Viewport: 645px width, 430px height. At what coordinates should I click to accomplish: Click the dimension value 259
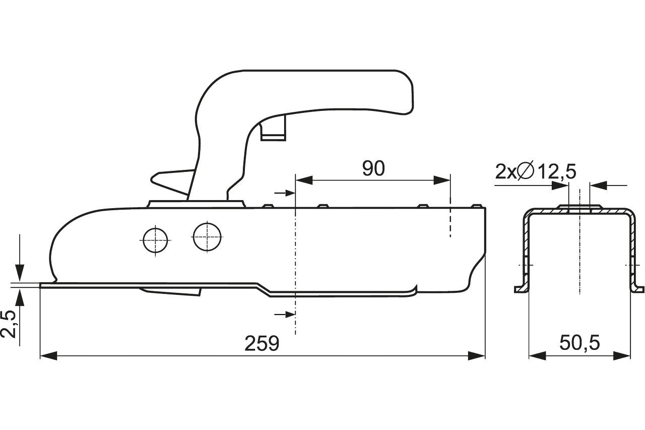coord(262,343)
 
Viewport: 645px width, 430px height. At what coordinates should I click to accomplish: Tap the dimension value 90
coord(373,168)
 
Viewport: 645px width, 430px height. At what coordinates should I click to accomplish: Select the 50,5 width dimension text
coord(579,343)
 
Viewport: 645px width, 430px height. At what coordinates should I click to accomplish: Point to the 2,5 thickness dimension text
coord(9,324)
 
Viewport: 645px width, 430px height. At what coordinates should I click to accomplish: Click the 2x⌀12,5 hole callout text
coord(536,172)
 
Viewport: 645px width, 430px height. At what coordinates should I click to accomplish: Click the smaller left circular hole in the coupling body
coord(156,240)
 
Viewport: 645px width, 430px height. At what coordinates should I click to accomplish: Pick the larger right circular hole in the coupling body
coord(207,237)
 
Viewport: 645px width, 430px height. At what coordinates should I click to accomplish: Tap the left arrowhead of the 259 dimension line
coord(48,356)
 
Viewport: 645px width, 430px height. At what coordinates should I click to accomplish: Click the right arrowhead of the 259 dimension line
coord(477,356)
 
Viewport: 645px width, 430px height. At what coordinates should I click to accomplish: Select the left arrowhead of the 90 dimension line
coord(304,180)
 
